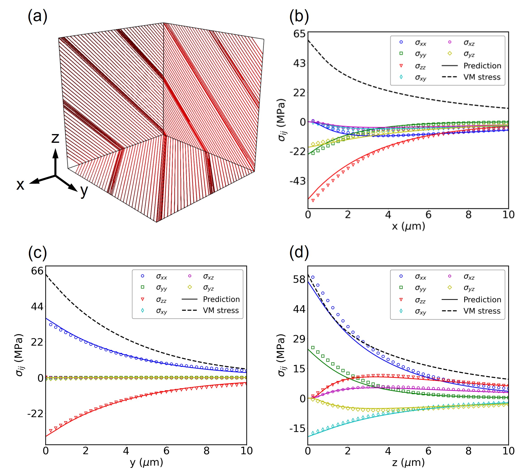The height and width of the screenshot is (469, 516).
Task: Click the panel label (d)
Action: tap(299, 252)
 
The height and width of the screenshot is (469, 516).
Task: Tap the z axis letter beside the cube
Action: tap(55, 138)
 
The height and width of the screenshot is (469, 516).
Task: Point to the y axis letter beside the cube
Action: tap(84, 191)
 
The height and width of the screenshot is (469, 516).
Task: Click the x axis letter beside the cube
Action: tap(20, 185)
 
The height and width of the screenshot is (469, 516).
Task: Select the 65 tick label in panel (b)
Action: tap(299, 34)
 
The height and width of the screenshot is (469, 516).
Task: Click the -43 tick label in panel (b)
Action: tap(298, 181)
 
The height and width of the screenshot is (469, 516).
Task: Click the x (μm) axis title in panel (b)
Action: tap(408, 226)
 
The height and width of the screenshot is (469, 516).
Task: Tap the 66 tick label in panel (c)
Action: tap(37, 271)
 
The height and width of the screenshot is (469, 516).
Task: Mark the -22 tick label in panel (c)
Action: tap(36, 413)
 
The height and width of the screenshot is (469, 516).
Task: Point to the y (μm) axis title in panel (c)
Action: tap(146, 462)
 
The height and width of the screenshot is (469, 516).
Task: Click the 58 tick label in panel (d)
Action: tap(299, 279)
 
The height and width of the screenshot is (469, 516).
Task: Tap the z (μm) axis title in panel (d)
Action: tap(408, 462)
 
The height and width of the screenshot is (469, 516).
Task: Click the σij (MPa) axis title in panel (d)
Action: tap(281, 355)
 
